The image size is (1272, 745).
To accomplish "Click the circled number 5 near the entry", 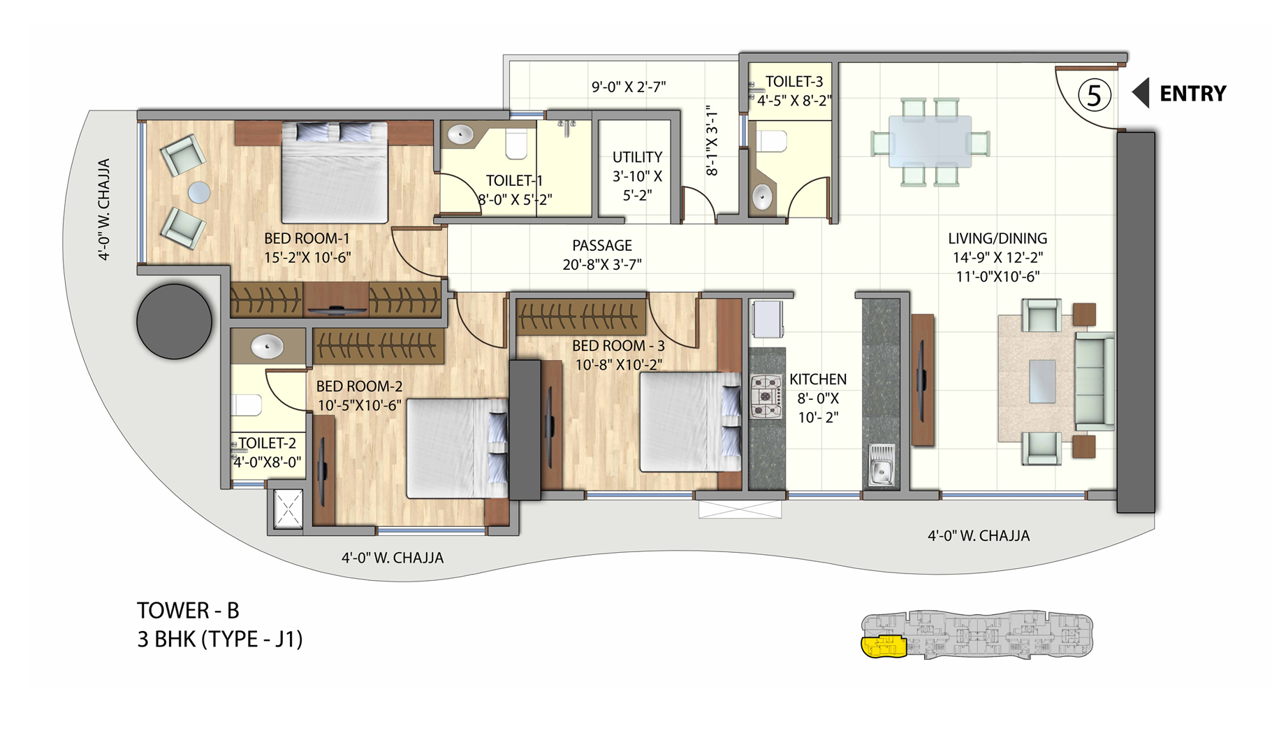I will point(1093,95).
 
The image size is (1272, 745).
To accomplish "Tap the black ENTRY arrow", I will point(1141,93).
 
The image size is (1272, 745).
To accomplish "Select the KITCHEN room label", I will point(817,379).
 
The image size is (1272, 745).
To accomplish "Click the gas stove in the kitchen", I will point(766,396).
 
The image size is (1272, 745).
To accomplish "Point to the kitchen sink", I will point(881,464).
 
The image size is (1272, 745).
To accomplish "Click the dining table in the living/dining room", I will point(929,141).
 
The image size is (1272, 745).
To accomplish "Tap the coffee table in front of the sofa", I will point(1041,381).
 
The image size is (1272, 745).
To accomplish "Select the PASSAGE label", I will point(601,246).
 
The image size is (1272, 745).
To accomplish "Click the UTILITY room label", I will point(637,157).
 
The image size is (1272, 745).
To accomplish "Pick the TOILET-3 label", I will point(794,82).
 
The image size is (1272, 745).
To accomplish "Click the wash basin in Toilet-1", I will point(460,135).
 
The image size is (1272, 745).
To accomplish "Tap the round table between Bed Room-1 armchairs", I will point(199,192).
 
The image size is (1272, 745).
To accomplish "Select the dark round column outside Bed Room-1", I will point(174,321).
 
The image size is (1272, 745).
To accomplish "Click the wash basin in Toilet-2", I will point(267,347).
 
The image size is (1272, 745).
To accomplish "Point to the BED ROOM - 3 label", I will point(617,346).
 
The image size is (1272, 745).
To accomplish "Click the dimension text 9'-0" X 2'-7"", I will point(629,87).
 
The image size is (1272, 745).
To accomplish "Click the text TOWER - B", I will point(188,611).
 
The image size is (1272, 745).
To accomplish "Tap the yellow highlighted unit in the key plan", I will point(882,647).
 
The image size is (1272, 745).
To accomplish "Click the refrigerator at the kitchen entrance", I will point(768,319).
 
